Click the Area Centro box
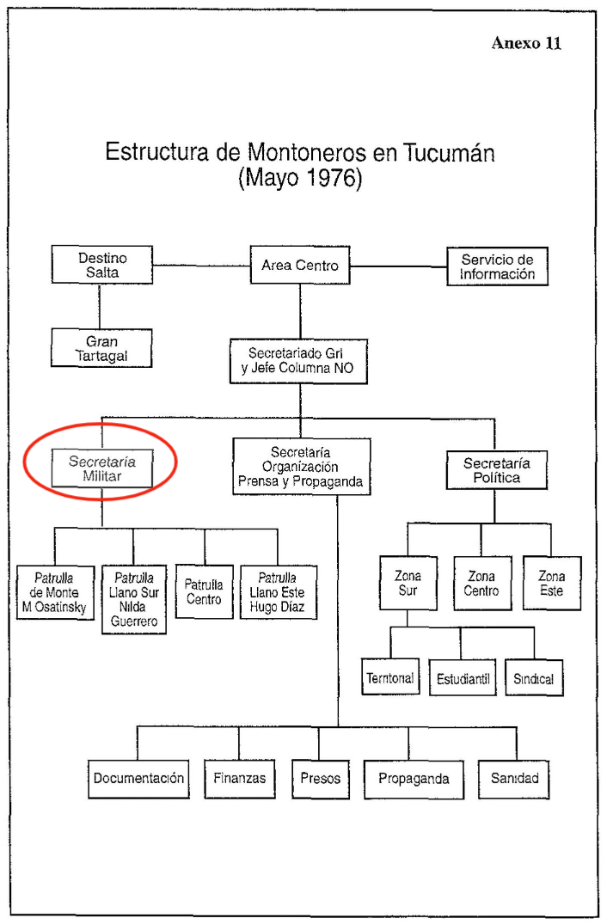[x=300, y=266]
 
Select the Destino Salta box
[x=102, y=265]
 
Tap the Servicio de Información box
[x=497, y=266]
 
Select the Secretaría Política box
[x=496, y=470]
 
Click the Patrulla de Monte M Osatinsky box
[x=56, y=592]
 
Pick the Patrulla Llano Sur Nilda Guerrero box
[x=133, y=599]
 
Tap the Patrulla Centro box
[x=204, y=592]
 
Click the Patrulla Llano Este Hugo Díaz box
[x=277, y=592]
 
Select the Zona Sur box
[x=408, y=584]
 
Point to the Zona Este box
[x=551, y=584]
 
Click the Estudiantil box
[x=463, y=679]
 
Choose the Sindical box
[x=534, y=679]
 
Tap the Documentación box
[x=138, y=779]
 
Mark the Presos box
[x=320, y=779]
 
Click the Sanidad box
[x=515, y=779]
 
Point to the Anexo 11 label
[x=526, y=43]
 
